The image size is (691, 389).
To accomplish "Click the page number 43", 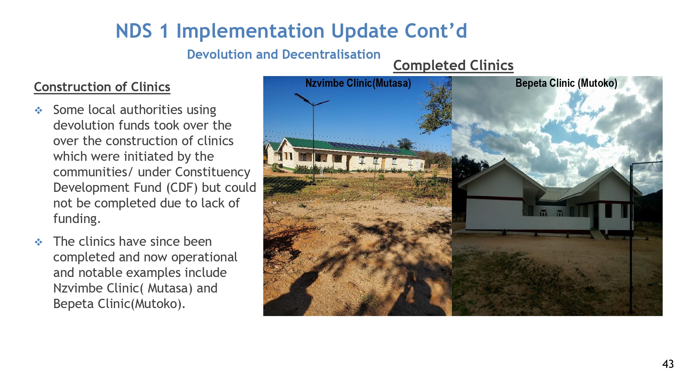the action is click(668, 364).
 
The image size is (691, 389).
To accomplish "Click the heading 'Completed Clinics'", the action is click(453, 65).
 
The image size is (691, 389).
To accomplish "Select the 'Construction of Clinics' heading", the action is click(102, 87).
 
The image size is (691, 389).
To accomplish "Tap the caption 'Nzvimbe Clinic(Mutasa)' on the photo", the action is click(358, 83).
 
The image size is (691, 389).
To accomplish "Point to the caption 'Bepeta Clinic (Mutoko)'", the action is click(566, 83).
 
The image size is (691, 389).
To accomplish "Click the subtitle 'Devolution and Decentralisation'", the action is click(284, 54).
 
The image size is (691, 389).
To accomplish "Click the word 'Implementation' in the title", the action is click(250, 31).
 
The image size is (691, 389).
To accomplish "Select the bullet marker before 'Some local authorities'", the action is click(39, 111).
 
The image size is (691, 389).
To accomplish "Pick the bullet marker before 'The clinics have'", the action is click(39, 242).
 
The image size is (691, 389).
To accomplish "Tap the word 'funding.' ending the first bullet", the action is click(77, 219).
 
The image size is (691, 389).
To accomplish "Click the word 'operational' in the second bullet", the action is click(204, 257).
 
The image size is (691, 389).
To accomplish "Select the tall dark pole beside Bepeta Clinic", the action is click(631, 239).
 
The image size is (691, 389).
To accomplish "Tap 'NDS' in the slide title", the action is click(134, 31).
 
